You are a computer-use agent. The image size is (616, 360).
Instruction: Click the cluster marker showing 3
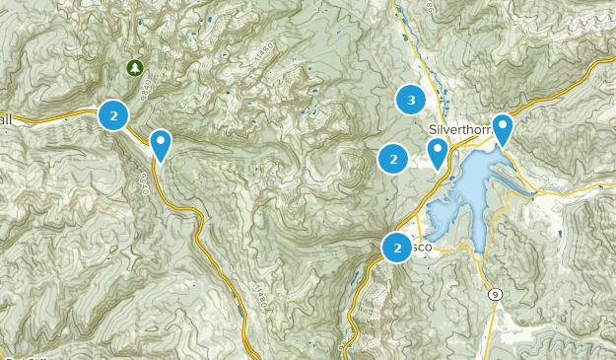pyautogui.click(x=411, y=99)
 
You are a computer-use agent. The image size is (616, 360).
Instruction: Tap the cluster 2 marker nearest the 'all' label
pyautogui.click(x=114, y=115)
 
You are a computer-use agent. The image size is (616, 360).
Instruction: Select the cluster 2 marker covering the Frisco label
pyautogui.click(x=397, y=248)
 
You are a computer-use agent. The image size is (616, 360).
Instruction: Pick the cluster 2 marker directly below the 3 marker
pyautogui.click(x=393, y=157)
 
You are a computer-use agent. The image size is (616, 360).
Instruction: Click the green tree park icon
pyautogui.click(x=134, y=68)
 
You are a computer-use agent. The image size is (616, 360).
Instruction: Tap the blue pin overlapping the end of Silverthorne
pyautogui.click(x=503, y=128)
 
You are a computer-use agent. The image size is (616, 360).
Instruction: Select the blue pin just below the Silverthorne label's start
pyautogui.click(x=438, y=152)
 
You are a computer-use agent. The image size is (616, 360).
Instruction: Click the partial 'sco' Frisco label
pyautogui.click(x=422, y=248)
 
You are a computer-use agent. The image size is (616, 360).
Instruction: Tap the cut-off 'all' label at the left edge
pyautogui.click(x=6, y=118)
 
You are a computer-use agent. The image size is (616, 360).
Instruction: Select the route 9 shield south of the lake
pyautogui.click(x=493, y=294)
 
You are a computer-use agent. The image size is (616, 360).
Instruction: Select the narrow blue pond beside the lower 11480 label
pyautogui.click(x=241, y=314)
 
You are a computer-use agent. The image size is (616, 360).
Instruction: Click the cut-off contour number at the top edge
pyautogui.click(x=430, y=5)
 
